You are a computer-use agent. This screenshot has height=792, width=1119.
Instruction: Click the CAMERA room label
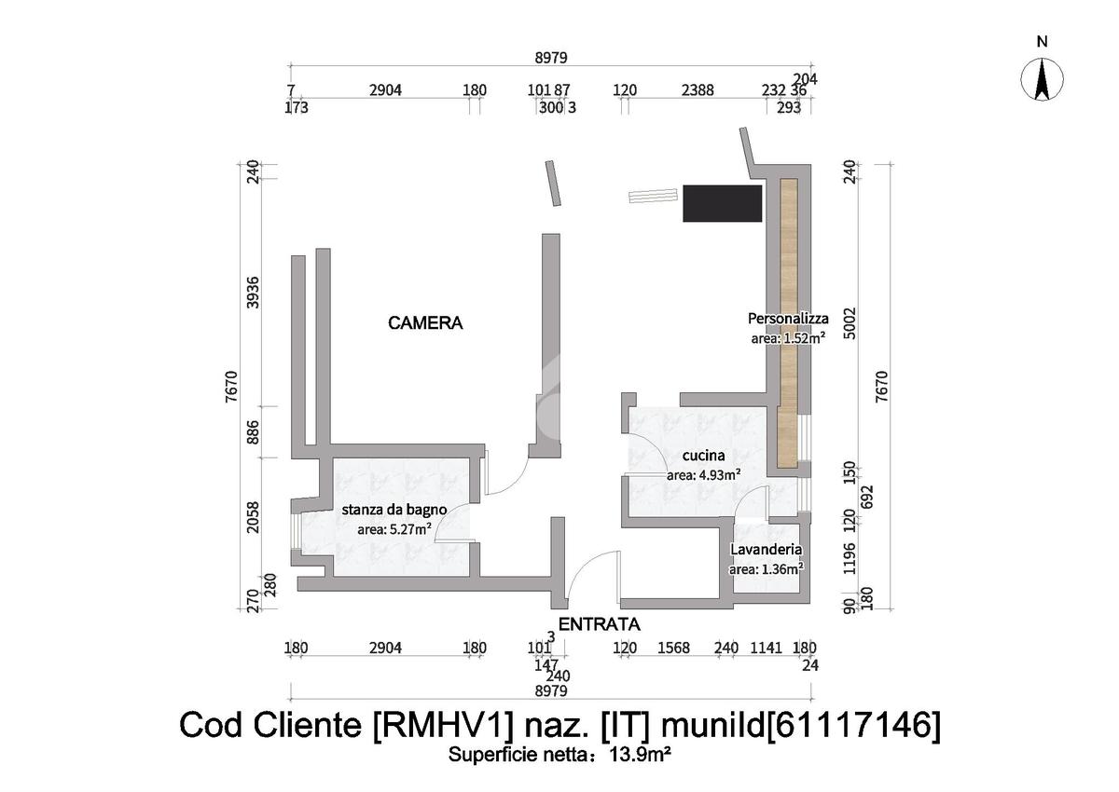coord(425,323)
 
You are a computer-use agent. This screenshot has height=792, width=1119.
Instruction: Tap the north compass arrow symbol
coord(1043,79)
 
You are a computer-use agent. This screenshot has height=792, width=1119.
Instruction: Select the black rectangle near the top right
coord(723,203)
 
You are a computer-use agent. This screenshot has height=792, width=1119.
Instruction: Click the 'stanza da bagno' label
coord(394,510)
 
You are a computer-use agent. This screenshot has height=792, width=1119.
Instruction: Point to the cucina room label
coord(703,456)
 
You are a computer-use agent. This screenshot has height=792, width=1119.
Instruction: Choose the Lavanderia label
coord(767,550)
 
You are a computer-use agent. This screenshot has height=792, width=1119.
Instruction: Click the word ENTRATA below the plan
coord(599,624)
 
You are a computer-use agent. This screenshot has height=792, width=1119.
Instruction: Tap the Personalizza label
coord(788,319)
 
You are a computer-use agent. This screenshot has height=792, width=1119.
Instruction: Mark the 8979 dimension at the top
coord(550,58)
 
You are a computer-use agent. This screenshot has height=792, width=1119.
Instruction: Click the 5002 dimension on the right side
coord(848,321)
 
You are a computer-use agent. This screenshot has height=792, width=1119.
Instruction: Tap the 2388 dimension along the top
coord(698,90)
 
